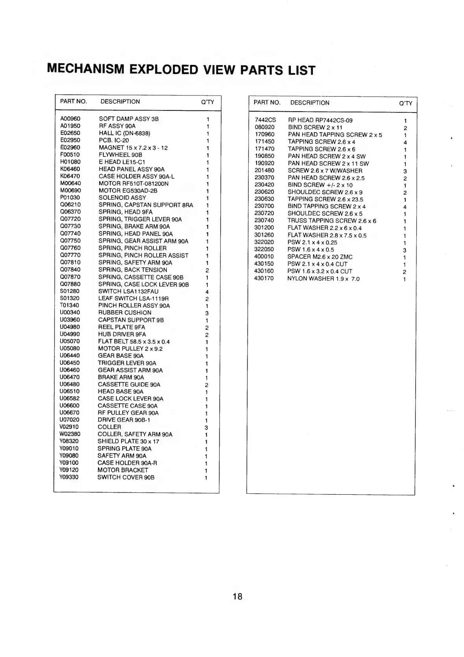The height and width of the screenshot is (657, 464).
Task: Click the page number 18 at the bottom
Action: coord(237,596)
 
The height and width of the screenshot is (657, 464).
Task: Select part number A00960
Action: coord(70,119)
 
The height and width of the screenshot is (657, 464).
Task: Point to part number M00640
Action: coord(70,183)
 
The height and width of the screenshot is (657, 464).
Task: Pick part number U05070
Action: coord(70,341)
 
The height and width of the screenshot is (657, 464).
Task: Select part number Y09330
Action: coord(69,477)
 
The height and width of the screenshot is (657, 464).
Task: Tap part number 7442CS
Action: coord(265,120)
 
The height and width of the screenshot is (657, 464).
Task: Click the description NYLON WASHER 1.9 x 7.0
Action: coord(323,279)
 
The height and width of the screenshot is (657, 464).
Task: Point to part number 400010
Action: coord(264,257)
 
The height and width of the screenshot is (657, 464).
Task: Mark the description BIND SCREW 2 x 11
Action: coord(315,127)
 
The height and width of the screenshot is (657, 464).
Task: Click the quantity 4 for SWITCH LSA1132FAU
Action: coord(207,292)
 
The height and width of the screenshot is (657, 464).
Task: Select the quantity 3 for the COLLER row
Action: coord(206,427)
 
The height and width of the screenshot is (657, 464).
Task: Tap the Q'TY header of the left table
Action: coord(207,102)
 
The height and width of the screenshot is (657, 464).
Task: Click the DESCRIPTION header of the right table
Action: coord(310,103)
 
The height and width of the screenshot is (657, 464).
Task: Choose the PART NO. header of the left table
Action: coord(73,101)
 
